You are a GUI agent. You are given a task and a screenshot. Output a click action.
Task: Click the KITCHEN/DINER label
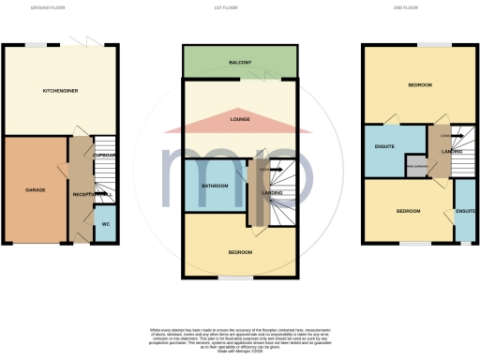pyautogui.click(x=60, y=91)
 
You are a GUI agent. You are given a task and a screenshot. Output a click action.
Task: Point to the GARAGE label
pyautogui.click(x=36, y=189)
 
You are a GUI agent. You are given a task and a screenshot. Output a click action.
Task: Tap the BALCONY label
pyautogui.click(x=240, y=63)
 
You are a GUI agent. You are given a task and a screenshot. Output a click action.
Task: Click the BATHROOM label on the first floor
pyautogui.click(x=215, y=186)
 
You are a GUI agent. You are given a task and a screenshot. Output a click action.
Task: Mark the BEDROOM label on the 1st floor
pyautogui.click(x=239, y=252)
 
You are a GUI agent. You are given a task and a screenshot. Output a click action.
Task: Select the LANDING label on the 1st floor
pyautogui.click(x=272, y=193)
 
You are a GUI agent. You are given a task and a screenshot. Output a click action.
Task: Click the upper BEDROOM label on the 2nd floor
pyautogui.click(x=419, y=85)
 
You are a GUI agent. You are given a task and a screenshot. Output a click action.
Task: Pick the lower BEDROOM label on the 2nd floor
pyautogui.click(x=408, y=211)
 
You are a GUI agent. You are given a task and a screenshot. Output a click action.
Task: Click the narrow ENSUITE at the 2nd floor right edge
pyautogui.click(x=465, y=211)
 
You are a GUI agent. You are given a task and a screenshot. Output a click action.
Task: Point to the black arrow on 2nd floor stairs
pyautogui.click(x=447, y=136)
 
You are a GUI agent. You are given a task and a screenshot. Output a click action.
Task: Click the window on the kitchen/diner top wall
pyautogui.click(x=38, y=44)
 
